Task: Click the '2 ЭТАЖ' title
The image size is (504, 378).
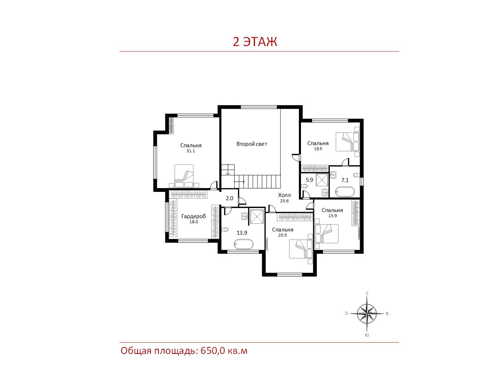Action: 255,41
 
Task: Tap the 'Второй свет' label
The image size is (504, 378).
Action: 252,144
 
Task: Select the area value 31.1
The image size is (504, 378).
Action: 190,151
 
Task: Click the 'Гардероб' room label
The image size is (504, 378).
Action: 194,216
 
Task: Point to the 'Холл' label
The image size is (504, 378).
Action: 284,195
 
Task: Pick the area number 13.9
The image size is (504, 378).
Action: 242,233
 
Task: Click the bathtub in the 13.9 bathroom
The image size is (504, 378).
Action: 244,244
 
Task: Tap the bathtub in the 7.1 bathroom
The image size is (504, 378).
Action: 345,192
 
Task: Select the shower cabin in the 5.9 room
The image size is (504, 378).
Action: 322,180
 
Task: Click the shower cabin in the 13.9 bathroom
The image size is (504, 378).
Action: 257,216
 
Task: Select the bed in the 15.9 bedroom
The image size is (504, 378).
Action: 327,233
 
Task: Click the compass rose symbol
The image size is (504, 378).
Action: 367,314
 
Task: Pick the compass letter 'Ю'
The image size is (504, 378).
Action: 367,335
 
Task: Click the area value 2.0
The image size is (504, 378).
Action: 229,198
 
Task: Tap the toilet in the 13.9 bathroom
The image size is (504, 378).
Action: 225,229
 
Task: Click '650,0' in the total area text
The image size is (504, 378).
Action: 213,351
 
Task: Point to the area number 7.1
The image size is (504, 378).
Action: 345,180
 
